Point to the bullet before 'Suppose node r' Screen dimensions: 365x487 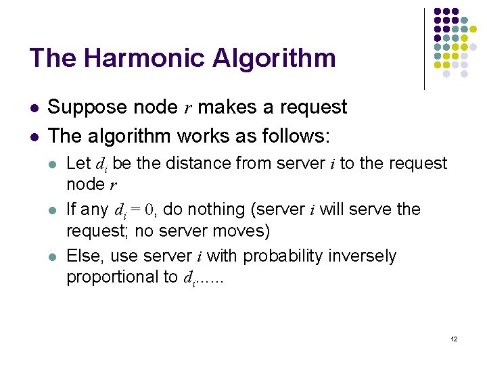coord(34,107)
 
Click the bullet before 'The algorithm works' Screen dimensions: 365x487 coord(34,137)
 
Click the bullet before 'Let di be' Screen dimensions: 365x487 coord(53,164)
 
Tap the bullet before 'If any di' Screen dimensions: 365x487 coord(53,210)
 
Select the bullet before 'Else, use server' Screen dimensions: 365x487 coord(53,257)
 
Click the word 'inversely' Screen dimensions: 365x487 coord(365,256)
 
